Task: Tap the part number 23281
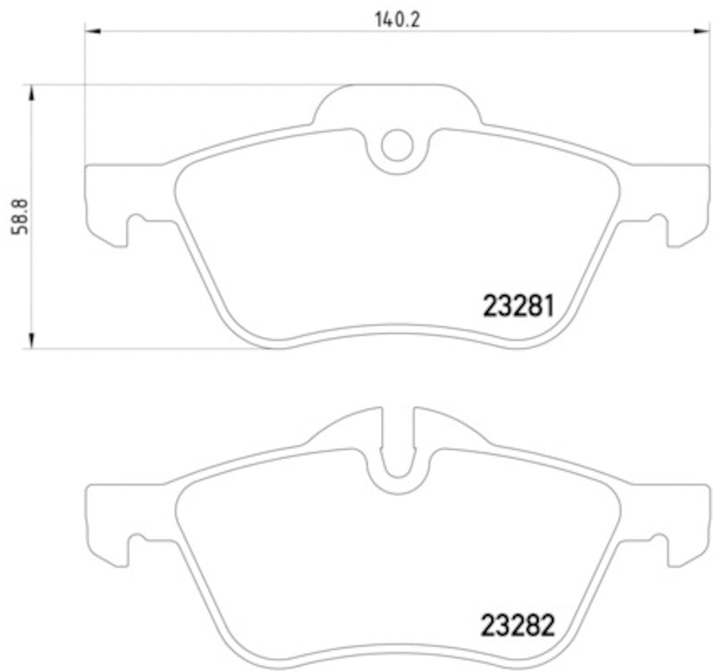click(519, 306)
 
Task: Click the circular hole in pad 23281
click(397, 145)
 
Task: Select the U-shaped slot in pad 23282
click(398, 455)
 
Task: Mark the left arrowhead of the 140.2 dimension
click(91, 31)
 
